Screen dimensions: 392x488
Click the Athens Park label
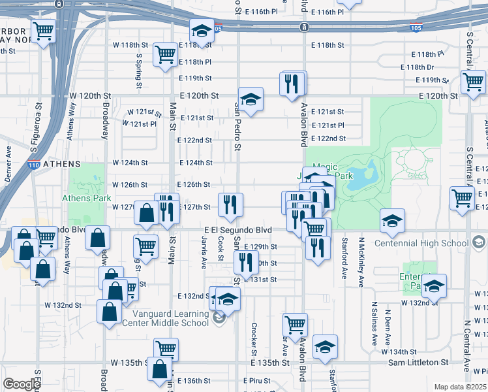(83, 198)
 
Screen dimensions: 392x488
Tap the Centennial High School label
(421, 244)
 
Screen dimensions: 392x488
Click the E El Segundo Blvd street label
(237, 231)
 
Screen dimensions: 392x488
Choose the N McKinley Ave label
(360, 261)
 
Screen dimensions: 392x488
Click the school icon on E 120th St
(251, 99)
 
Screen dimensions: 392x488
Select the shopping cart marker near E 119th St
(473, 82)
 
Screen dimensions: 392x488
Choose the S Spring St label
(139, 71)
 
